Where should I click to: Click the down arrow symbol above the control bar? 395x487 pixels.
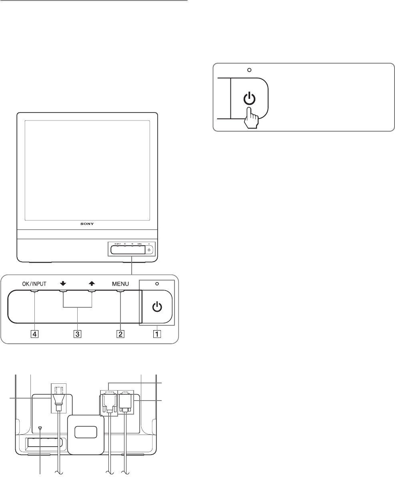pyautogui.click(x=63, y=284)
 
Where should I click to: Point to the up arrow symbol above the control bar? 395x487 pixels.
pyautogui.click(x=92, y=284)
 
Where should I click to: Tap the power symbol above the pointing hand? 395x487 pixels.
pyautogui.click(x=249, y=98)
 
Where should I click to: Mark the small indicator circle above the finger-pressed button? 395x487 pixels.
pyautogui.click(x=249, y=70)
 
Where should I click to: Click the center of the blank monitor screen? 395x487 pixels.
pyautogui.click(x=87, y=170)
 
